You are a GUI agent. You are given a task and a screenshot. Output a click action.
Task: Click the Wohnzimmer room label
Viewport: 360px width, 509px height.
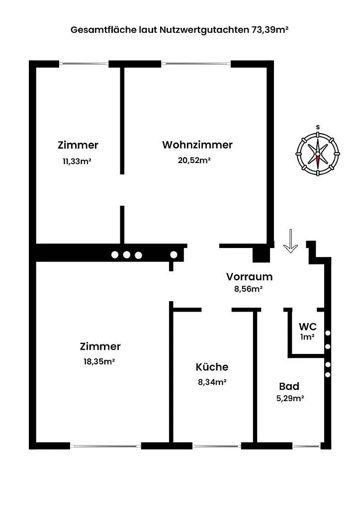[197, 145]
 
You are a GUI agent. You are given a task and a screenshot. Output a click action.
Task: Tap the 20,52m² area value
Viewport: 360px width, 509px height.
[194, 161]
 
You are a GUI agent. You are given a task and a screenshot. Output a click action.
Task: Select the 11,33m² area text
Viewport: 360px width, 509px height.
[77, 162]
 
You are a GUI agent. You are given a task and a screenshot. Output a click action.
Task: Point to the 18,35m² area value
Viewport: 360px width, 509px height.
[99, 362]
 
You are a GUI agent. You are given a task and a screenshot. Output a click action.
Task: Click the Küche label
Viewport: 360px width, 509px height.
[212, 367]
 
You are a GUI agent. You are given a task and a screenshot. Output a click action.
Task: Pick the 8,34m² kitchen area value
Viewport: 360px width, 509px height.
[212, 382]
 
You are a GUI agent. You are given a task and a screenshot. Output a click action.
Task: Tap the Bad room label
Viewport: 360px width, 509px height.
[289, 386]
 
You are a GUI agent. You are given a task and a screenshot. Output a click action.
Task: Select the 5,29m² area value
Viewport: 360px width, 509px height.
[290, 398]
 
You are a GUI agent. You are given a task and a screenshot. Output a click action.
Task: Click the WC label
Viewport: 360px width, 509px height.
[307, 326]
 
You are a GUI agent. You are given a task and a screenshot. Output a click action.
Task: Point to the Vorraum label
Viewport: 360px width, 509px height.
[249, 277]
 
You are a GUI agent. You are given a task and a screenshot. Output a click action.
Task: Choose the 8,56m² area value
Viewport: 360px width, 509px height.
[248, 289]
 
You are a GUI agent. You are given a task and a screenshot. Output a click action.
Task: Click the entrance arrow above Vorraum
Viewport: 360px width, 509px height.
[290, 241]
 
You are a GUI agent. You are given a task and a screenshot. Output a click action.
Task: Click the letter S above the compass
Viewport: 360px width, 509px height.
[318, 127]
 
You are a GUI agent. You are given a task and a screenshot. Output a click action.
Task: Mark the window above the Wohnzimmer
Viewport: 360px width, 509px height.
[196, 64]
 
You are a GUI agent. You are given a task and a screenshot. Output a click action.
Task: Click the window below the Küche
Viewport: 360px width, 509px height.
[217, 446]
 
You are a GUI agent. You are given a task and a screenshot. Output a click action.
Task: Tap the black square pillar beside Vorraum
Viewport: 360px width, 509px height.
[262, 254]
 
